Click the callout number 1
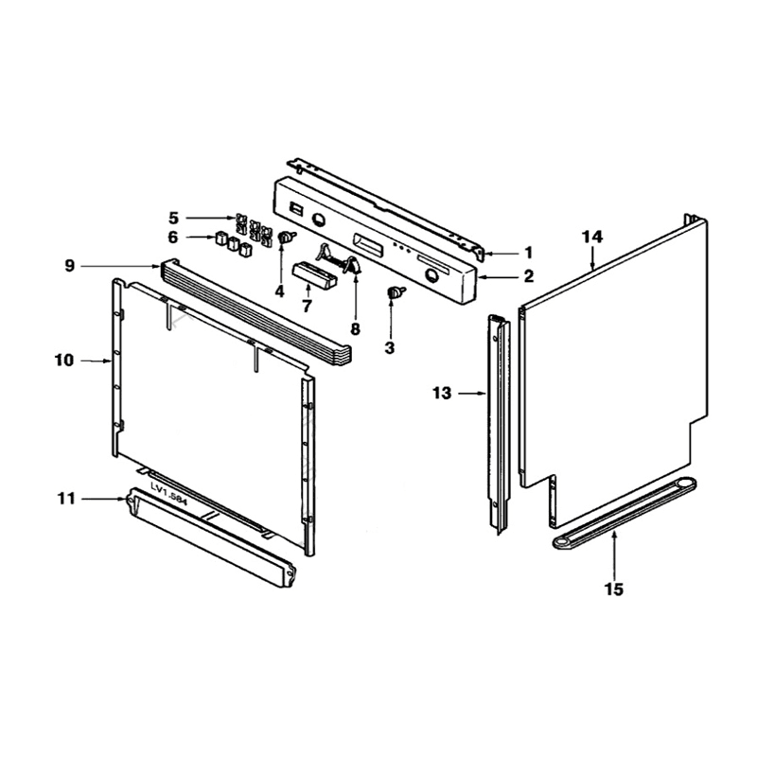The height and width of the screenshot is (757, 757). coord(529,253)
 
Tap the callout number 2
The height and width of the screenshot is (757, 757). coord(529,277)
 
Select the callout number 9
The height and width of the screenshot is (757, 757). coord(69,267)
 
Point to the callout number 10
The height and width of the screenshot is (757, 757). coord(63,361)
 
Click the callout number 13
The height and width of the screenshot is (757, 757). coord(442,393)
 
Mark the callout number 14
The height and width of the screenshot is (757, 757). coord(592,236)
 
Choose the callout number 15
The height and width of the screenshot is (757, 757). coord(614,590)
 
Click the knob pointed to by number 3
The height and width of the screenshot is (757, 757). coord(391,294)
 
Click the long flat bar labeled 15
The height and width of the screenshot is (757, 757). coord(625,512)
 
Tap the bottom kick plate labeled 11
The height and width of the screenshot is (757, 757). coord(208,536)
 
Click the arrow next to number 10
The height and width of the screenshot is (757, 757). coord(95,361)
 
